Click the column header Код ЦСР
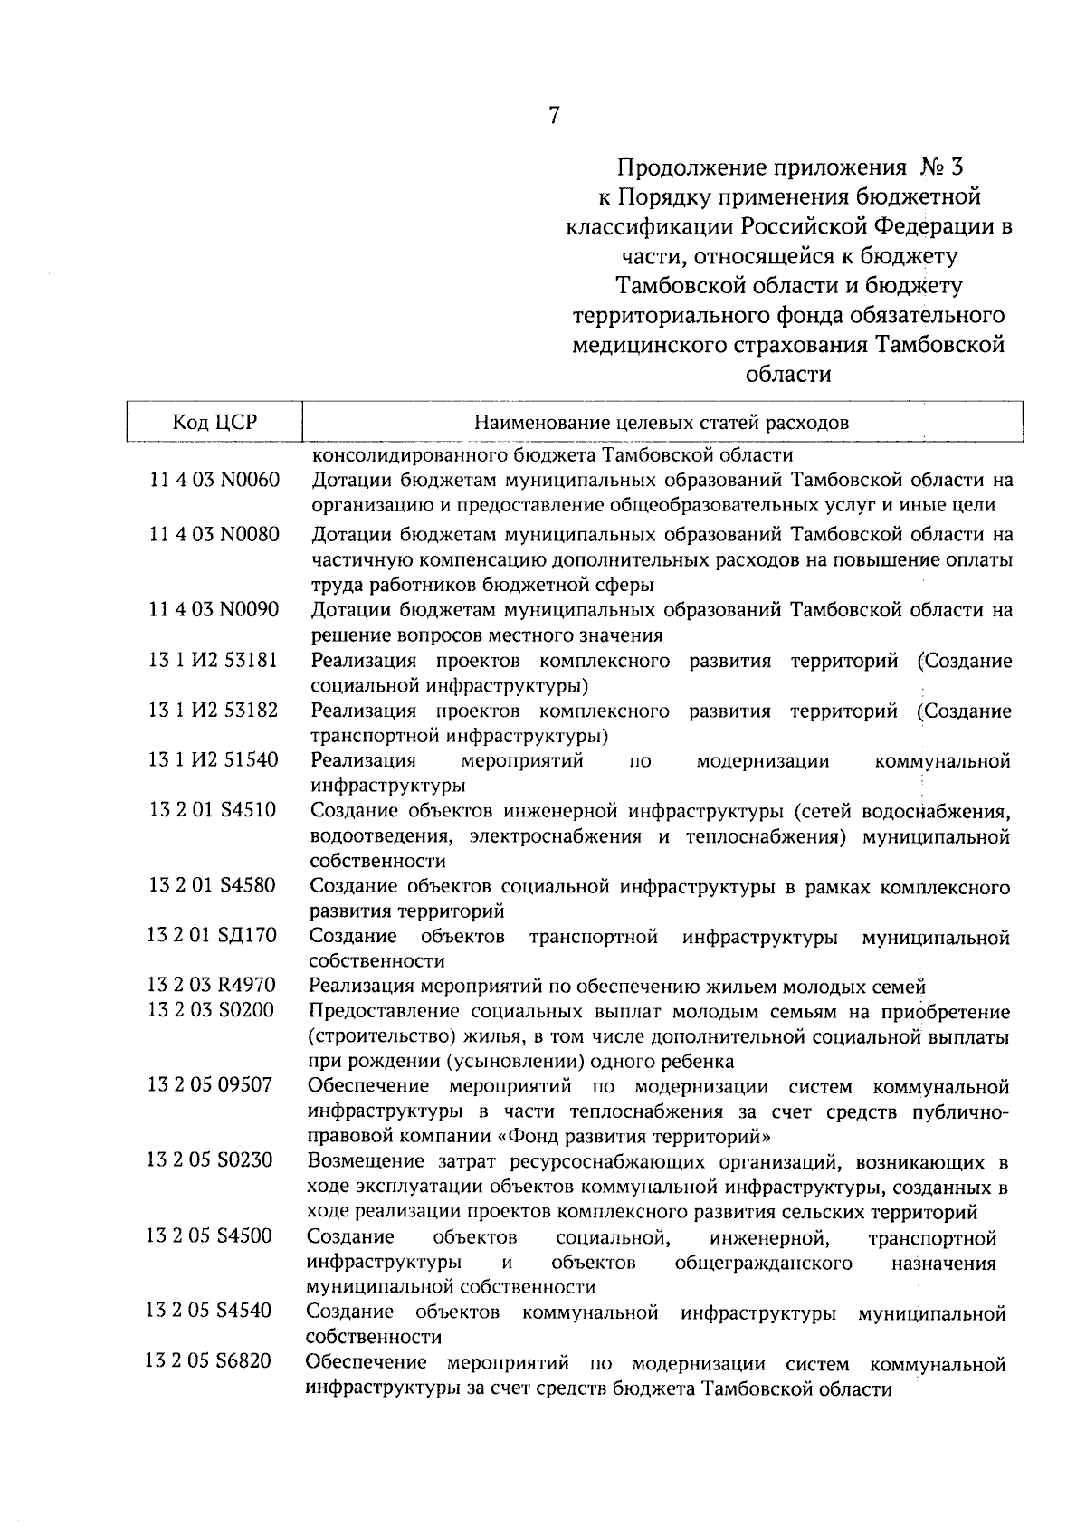tap(214, 423)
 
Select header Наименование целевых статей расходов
tap(662, 423)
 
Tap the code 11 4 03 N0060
tap(214, 480)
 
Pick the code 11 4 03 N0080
tap(214, 534)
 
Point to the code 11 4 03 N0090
tap(214, 609)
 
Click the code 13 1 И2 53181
tap(214, 661)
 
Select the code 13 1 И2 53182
tap(214, 711)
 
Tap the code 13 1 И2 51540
tap(214, 760)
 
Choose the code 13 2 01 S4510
tap(213, 810)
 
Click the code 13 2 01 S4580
tap(213, 885)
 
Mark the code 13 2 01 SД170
tap(212, 935)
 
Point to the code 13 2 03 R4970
tap(212, 986)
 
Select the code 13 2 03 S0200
tap(211, 1010)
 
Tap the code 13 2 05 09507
tap(210, 1084)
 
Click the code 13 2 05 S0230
tap(210, 1160)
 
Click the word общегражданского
tap(763, 1262)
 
